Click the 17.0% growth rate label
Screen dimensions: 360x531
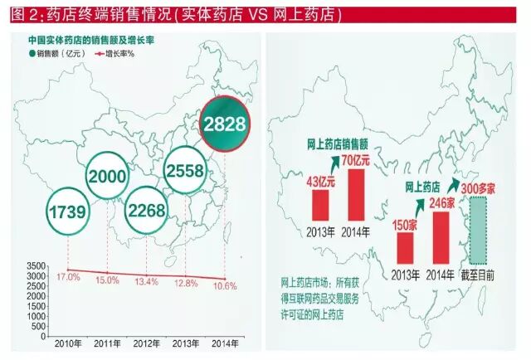68,277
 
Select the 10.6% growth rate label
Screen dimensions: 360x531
225,285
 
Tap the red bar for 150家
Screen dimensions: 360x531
404,247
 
